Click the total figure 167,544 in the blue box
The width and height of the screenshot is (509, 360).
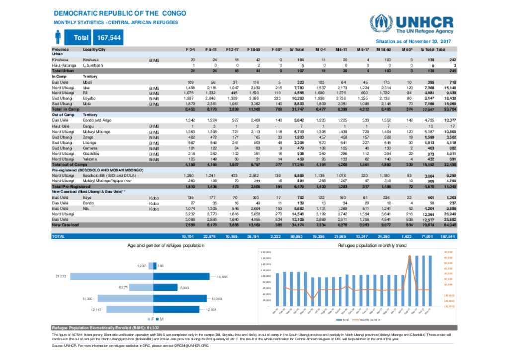pyautogui.click(x=109, y=38)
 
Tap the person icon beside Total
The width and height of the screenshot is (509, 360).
pyautogui.click(x=58, y=37)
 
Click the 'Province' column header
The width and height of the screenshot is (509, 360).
pyautogui.click(x=61, y=50)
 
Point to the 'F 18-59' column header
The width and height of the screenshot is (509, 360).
pyautogui.click(x=252, y=50)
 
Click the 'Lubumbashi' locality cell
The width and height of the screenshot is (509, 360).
pyautogui.click(x=93, y=65)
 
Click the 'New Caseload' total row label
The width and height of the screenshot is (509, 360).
pyautogui.click(x=65, y=224)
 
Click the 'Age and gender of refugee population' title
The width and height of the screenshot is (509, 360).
pyautogui.click(x=166, y=246)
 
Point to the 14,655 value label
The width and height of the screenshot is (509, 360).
pyautogui.click(x=223, y=277)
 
